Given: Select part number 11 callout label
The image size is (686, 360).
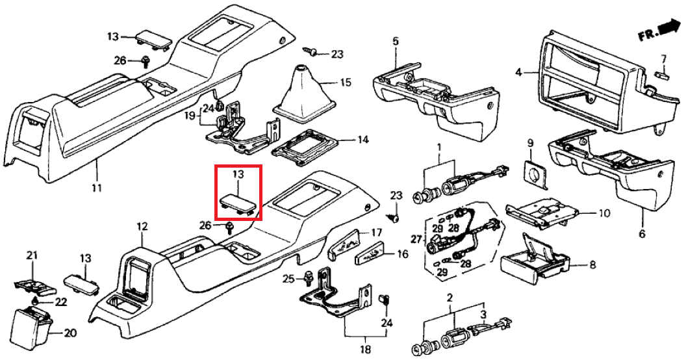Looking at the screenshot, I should (96, 188).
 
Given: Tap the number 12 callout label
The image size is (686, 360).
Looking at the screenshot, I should (142, 227).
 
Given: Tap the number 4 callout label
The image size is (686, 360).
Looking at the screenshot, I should (518, 73).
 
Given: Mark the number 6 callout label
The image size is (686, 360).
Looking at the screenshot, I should (642, 233).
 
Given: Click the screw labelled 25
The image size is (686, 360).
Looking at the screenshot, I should (307, 278).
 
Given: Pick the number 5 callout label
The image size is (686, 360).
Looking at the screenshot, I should (396, 42).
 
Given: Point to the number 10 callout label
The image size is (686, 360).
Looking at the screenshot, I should (603, 212).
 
